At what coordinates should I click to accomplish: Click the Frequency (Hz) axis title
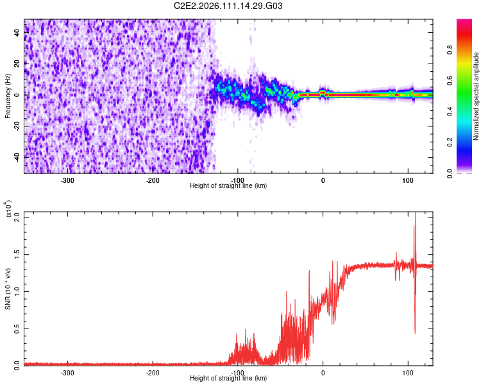[x=8, y=96]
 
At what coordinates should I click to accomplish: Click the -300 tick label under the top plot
[x=68, y=180]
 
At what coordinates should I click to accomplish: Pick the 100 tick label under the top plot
[x=408, y=180]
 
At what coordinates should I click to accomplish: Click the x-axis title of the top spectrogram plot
[x=228, y=186]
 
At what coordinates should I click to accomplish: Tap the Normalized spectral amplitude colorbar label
[x=476, y=96]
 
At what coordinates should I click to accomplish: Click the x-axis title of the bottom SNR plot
[x=228, y=379]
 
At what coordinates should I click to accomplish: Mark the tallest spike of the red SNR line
[x=416, y=214]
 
